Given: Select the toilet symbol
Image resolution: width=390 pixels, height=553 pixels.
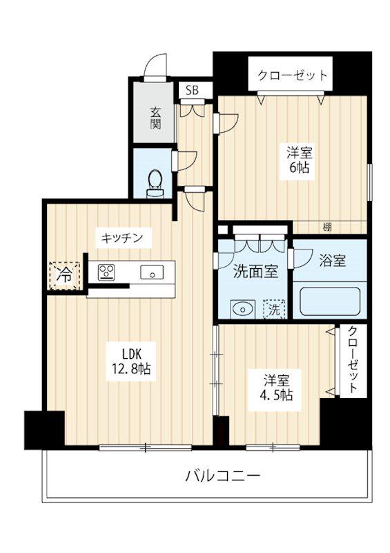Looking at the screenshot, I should click(156, 180).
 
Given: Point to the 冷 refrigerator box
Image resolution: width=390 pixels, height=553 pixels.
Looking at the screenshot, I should click(64, 273).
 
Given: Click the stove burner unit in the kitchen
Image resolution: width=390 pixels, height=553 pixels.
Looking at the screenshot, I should click(107, 272).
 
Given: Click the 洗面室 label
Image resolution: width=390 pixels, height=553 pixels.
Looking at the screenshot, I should click(255, 272).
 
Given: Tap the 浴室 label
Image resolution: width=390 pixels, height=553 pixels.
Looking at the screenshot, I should click(332, 260).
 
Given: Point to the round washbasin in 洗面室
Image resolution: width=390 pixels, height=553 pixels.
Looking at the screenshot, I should click(241, 308).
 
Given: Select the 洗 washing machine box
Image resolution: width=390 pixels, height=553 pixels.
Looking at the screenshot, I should click(273, 308).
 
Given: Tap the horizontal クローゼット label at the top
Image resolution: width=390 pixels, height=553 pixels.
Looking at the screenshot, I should click(292, 75).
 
